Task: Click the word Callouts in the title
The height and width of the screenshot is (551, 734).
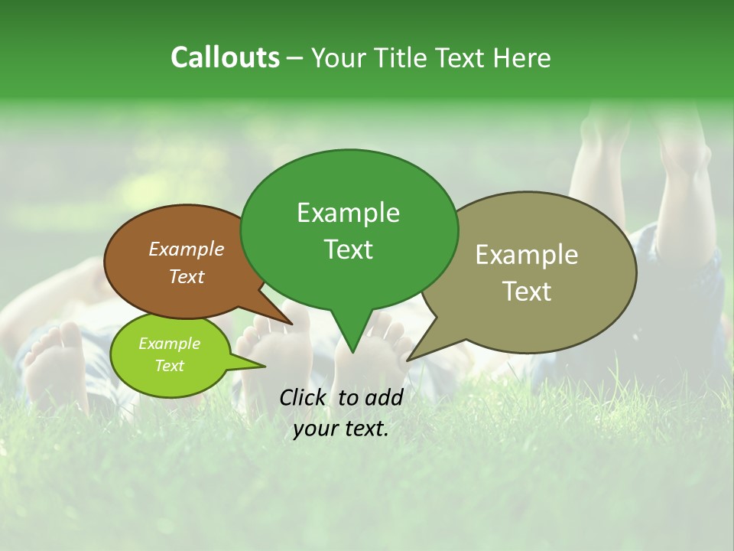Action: click(225, 57)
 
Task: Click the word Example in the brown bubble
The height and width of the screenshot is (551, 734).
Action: click(186, 249)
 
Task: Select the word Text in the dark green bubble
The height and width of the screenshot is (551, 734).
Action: click(348, 249)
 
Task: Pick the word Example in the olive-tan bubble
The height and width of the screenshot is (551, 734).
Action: click(527, 255)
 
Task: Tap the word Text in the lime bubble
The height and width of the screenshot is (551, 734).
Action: click(169, 365)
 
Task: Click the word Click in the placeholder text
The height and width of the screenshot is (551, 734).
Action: click(304, 397)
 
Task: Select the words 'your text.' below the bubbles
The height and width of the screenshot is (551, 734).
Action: click(340, 429)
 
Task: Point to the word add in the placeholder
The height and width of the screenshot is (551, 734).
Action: click(383, 397)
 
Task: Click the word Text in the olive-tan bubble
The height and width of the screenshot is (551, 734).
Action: click(528, 292)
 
